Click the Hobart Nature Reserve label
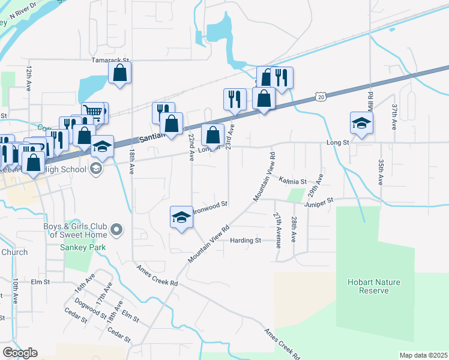pos(374,286)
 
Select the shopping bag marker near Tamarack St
pos(120,73)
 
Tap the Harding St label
pos(246,241)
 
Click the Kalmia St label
pos(292,181)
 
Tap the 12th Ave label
pos(28,78)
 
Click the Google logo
pos(19,352)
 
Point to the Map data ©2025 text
pos(423,355)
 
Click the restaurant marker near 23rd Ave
pos(235,99)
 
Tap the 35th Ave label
pos(381,172)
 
